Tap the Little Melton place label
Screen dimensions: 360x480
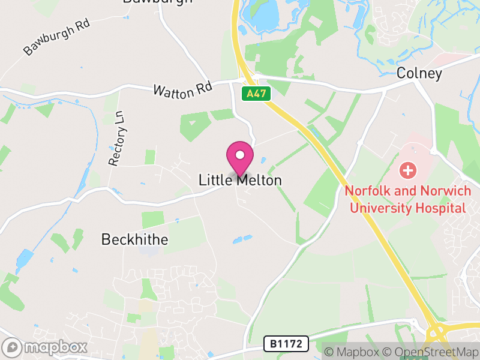click(240, 180)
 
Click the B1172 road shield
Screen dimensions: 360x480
click(286, 344)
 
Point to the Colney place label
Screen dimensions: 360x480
click(419, 74)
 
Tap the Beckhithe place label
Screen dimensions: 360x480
click(134, 239)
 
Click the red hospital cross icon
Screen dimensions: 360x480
click(408, 170)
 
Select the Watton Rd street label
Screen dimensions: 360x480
click(183, 91)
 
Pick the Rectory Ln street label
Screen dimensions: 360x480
click(115, 138)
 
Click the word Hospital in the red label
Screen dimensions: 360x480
click(443, 208)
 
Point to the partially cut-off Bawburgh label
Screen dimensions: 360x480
click(157, 2)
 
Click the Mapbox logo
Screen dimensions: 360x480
click(45, 347)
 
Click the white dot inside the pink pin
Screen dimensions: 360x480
click(240, 155)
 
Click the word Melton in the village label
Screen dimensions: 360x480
click(259, 180)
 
